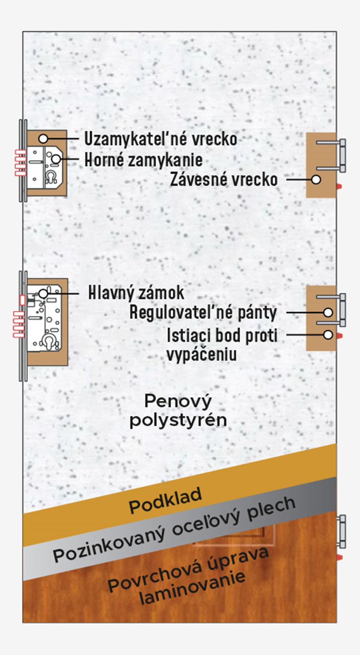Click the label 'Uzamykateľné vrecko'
161,139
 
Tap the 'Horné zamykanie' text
144,160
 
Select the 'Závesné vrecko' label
224,180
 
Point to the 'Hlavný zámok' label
136,293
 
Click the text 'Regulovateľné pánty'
203,312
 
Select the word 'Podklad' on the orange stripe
165,500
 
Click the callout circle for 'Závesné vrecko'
316,179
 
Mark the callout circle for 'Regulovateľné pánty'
328,312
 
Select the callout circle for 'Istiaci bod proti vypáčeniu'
328,335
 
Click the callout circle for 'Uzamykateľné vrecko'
43,139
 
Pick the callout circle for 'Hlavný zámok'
43,293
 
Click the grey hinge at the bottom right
341,531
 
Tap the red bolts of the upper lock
20,163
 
